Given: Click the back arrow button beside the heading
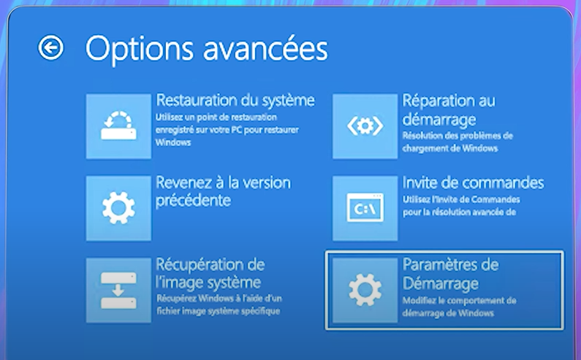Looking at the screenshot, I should click(51, 48).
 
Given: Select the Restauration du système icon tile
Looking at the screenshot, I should click(118, 126).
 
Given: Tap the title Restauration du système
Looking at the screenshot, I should click(235, 99).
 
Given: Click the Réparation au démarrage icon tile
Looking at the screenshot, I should click(365, 126).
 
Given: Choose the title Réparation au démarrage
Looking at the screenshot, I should click(449, 109).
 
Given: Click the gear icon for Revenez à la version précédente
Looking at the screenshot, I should click(118, 209).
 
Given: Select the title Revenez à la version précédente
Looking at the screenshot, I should click(223, 191).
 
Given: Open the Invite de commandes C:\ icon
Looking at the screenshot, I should click(365, 209).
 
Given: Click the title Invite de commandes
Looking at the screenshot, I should click(473, 182).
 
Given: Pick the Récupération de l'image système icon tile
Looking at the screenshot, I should click(118, 291).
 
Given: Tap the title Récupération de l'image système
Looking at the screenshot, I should click(210, 272).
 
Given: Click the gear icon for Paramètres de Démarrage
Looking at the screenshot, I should click(365, 291).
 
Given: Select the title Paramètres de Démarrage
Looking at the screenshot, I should click(449, 272).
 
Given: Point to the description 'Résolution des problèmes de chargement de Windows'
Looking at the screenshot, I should click(457, 142).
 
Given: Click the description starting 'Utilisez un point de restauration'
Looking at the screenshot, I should click(226, 129).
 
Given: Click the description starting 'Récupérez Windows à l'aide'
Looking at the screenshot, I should click(220, 305).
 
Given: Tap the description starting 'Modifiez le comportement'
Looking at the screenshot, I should click(459, 307).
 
